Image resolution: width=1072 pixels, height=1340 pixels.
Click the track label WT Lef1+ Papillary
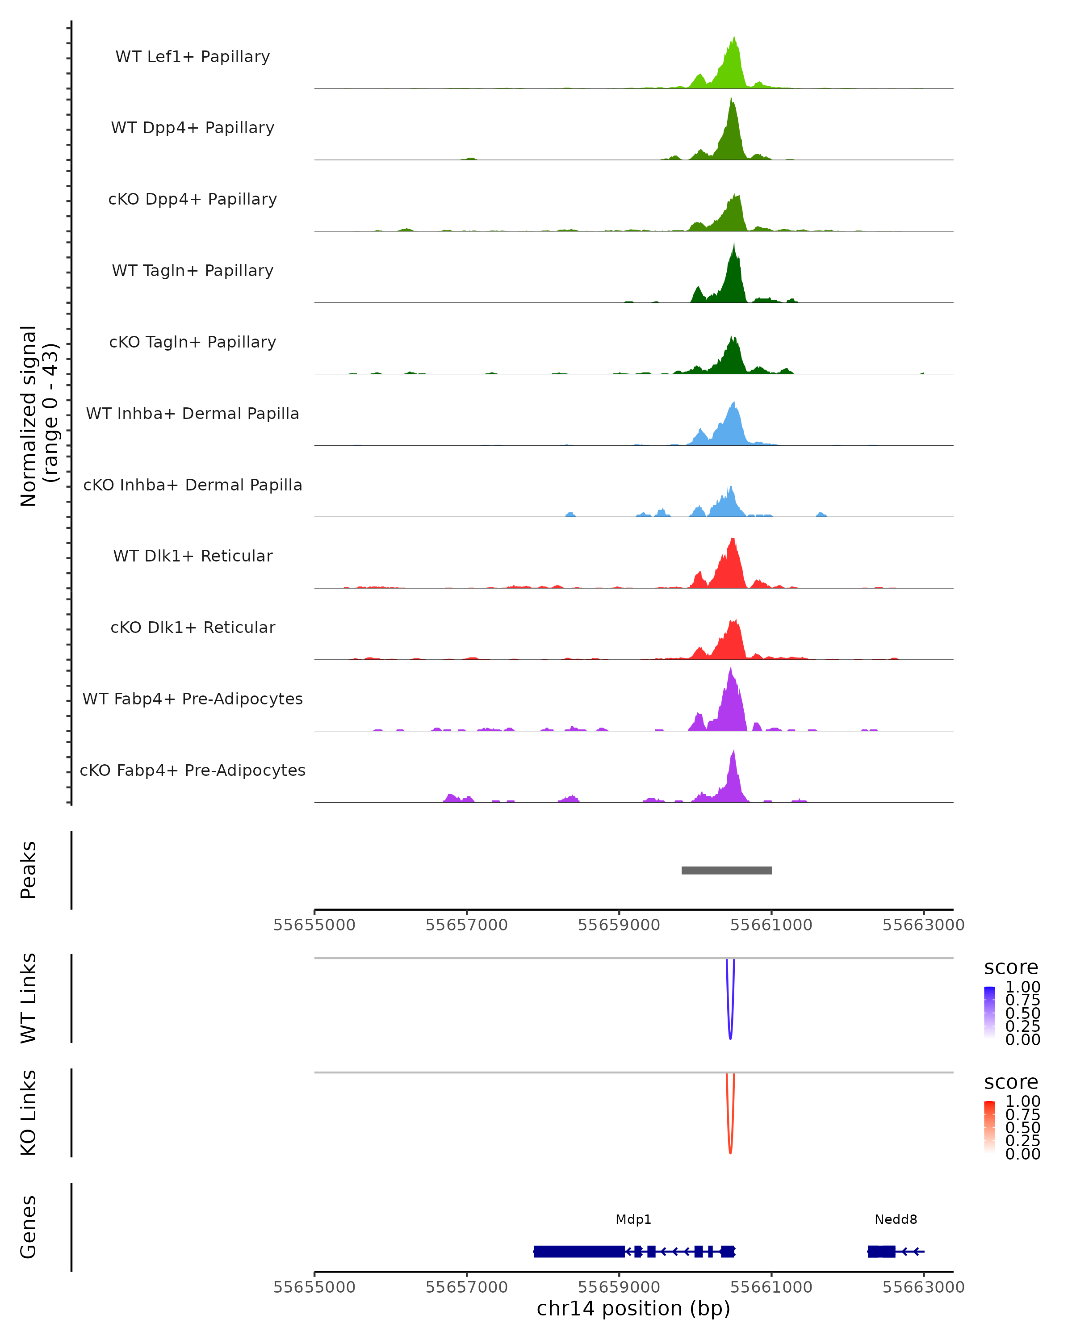[193, 57]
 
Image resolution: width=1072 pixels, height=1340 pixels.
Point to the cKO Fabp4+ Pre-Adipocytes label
[193, 770]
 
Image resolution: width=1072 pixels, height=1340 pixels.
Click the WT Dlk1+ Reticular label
[193, 556]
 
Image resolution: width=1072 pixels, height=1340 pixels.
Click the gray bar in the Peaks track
[726, 870]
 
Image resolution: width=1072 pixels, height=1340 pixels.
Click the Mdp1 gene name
[633, 1219]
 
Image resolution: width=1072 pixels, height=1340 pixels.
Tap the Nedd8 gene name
[896, 1219]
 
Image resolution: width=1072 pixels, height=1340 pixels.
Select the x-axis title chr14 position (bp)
[633, 1308]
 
